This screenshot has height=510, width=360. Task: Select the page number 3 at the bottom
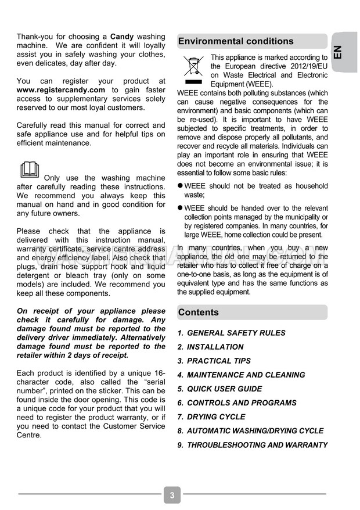(172, 495)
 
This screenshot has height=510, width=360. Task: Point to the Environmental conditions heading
(236, 41)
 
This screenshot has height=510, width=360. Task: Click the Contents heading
(199, 312)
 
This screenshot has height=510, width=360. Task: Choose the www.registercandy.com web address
(61, 90)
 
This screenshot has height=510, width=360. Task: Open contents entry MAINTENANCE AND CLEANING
(246, 375)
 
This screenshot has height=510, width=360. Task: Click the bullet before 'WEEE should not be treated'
(181, 186)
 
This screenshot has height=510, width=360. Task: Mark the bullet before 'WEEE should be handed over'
(181, 208)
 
